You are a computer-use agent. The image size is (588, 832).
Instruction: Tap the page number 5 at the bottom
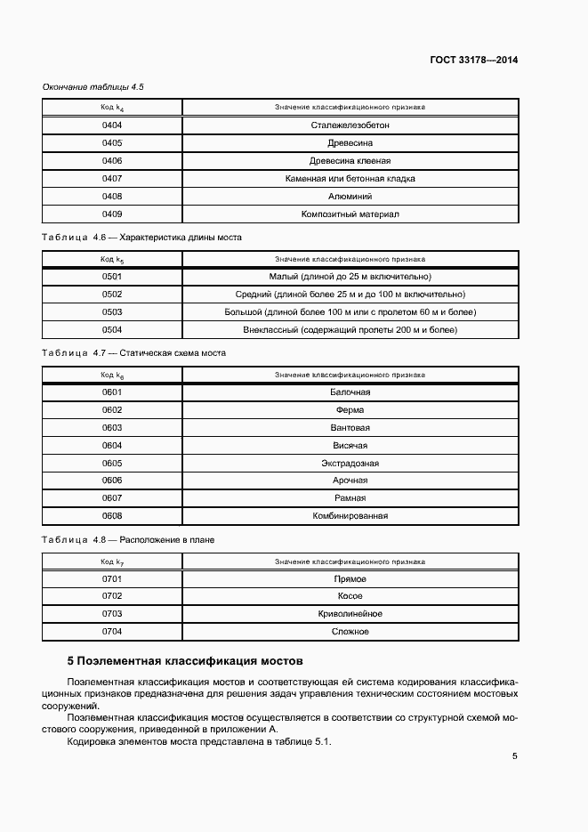coord(515,756)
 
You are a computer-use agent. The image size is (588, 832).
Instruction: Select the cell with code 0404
coord(112,125)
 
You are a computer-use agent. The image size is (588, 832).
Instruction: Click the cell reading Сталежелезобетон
coord(350,125)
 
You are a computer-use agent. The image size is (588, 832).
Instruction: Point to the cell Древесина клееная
coord(350,161)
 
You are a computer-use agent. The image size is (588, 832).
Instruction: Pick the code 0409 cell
coord(112,214)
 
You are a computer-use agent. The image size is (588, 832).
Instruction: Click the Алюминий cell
coord(350,196)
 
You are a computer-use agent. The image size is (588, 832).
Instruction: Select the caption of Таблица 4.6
coord(141,238)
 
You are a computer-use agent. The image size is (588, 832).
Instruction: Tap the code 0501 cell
coord(112,277)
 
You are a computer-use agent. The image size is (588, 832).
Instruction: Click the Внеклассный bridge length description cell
coord(350,329)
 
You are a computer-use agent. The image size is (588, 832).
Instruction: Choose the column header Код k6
coord(112,375)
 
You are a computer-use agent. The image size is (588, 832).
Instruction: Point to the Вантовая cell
coord(350,427)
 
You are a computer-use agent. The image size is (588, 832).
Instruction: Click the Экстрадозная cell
coord(350,463)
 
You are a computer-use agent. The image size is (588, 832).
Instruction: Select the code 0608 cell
coord(112,515)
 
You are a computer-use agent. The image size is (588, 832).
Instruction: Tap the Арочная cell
coord(350,481)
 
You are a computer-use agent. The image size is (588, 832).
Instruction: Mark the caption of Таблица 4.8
coord(128,539)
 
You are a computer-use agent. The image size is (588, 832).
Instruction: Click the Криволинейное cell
coord(350,614)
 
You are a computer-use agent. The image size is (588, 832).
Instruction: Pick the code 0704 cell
coord(112,632)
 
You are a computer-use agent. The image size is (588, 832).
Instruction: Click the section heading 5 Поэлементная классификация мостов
coord(186,661)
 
